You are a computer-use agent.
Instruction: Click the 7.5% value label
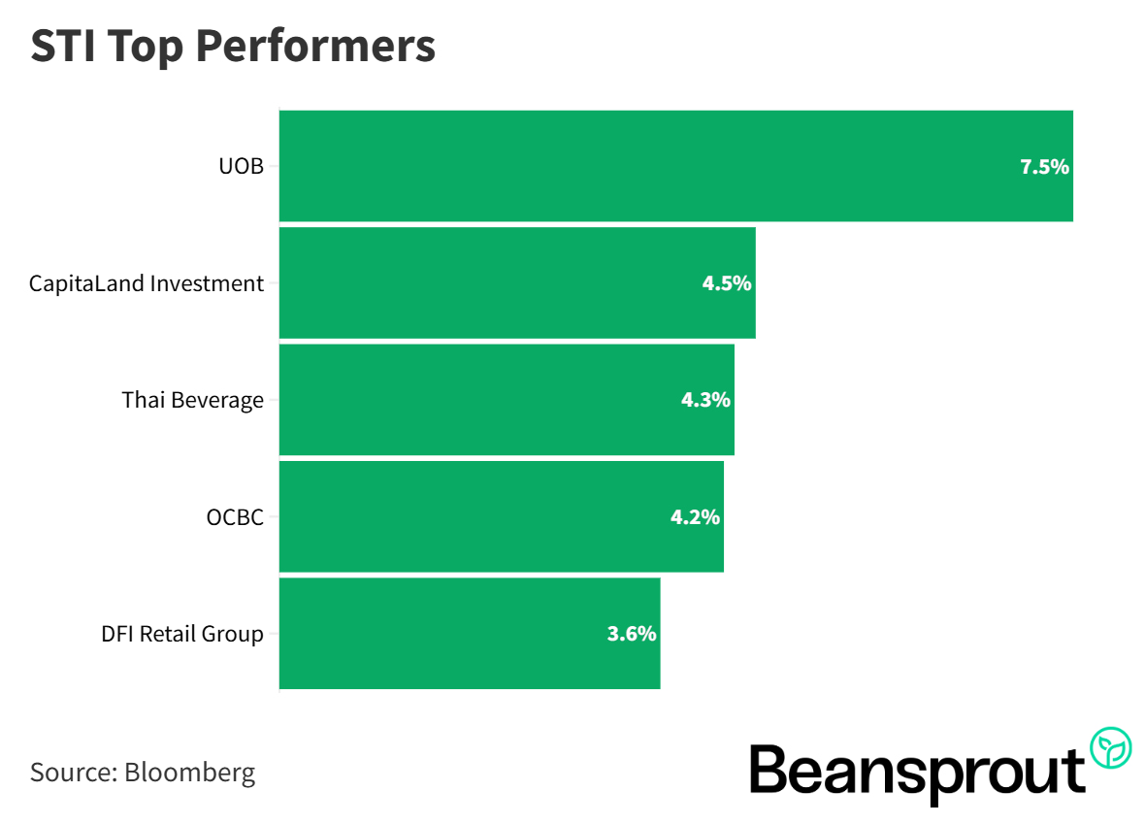coord(1044,167)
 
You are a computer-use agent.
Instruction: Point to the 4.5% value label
coord(727,283)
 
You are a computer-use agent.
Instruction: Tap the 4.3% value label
coord(705,400)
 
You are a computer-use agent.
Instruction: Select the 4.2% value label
coord(695,517)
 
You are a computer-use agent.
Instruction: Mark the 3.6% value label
coord(632,634)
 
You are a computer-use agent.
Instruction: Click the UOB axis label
coord(241,167)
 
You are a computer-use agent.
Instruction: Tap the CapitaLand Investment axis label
coord(147,283)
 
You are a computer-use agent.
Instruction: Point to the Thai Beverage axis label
coord(193,400)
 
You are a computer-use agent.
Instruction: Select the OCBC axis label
coord(235,517)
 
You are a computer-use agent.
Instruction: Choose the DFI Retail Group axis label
coord(182,634)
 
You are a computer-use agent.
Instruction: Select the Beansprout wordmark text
coord(917,772)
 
